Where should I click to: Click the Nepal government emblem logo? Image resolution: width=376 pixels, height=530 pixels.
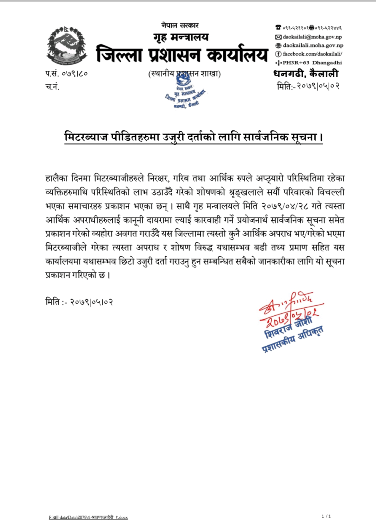tap(67, 45)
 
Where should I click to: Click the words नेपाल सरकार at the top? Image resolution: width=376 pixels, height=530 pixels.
tap(180, 26)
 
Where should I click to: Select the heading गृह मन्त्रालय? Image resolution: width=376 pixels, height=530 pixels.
tap(181, 37)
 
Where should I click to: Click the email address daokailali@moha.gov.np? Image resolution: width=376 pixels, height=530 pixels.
tap(312, 37)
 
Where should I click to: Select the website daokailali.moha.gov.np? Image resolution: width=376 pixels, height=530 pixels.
tap(313, 45)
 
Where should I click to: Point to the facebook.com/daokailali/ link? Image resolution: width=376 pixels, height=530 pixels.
tap(312, 54)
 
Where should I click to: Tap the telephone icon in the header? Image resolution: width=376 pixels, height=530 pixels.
tap(278, 28)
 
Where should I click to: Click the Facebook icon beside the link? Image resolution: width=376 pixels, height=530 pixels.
tap(278, 54)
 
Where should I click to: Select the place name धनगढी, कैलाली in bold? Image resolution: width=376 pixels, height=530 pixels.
tap(306, 74)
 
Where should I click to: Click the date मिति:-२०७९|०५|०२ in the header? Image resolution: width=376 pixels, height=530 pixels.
tap(308, 86)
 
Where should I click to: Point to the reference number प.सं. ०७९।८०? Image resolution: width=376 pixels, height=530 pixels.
tap(66, 74)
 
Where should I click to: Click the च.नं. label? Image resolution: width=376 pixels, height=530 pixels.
tap(52, 86)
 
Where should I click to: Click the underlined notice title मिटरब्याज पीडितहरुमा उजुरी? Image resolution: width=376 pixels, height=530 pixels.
tap(194, 137)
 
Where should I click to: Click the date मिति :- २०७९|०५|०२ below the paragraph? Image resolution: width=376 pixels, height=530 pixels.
tap(79, 302)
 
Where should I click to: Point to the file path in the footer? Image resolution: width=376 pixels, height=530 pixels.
tap(88, 517)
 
